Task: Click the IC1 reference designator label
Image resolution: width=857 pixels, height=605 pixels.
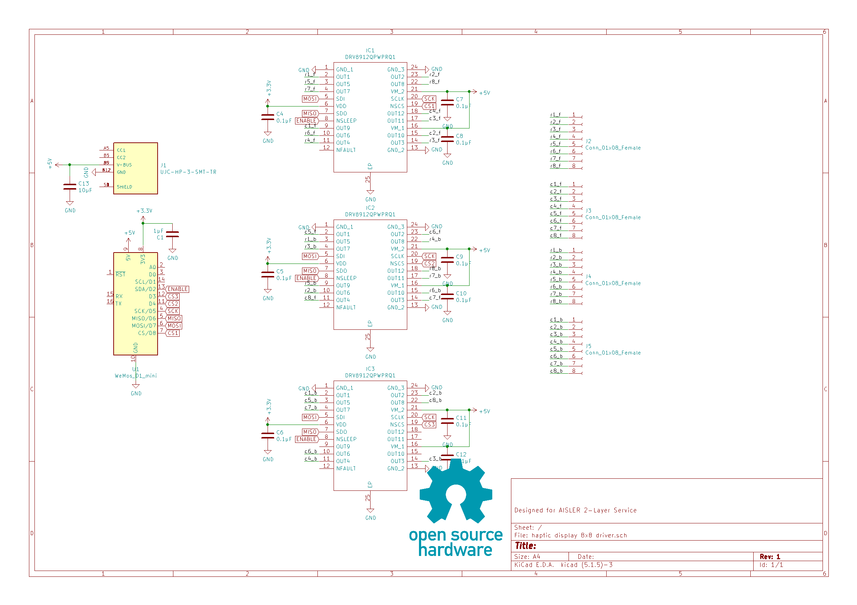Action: click(x=370, y=50)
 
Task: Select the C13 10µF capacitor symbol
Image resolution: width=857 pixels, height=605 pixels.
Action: click(x=70, y=187)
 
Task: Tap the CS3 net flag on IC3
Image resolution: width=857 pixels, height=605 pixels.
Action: click(x=429, y=425)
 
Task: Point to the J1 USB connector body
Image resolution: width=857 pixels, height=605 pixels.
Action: click(x=136, y=168)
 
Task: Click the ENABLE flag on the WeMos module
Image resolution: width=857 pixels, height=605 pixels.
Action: click(x=178, y=289)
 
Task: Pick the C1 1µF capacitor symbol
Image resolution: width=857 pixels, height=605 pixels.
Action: click(x=172, y=234)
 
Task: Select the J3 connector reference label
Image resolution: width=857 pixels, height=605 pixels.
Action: click(x=588, y=210)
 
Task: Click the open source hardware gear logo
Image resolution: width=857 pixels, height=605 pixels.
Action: click(x=456, y=492)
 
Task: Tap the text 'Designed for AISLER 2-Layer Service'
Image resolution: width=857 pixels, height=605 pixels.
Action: click(x=575, y=510)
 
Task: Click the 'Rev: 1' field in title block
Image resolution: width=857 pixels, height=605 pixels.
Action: click(x=770, y=557)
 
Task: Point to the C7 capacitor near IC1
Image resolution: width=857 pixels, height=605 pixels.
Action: click(x=447, y=102)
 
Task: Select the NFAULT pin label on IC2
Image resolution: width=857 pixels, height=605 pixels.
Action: click(x=346, y=307)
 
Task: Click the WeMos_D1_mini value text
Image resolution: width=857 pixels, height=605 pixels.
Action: click(x=136, y=376)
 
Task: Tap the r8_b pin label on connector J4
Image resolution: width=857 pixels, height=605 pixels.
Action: click(x=556, y=301)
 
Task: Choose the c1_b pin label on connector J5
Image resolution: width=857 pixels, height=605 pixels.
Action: click(x=556, y=320)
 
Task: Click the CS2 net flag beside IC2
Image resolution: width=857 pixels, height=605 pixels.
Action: click(x=429, y=264)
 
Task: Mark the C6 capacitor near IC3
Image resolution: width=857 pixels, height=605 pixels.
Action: click(x=268, y=436)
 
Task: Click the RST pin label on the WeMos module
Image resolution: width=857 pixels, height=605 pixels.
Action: click(x=120, y=275)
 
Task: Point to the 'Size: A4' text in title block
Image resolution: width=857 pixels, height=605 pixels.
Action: click(x=527, y=557)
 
